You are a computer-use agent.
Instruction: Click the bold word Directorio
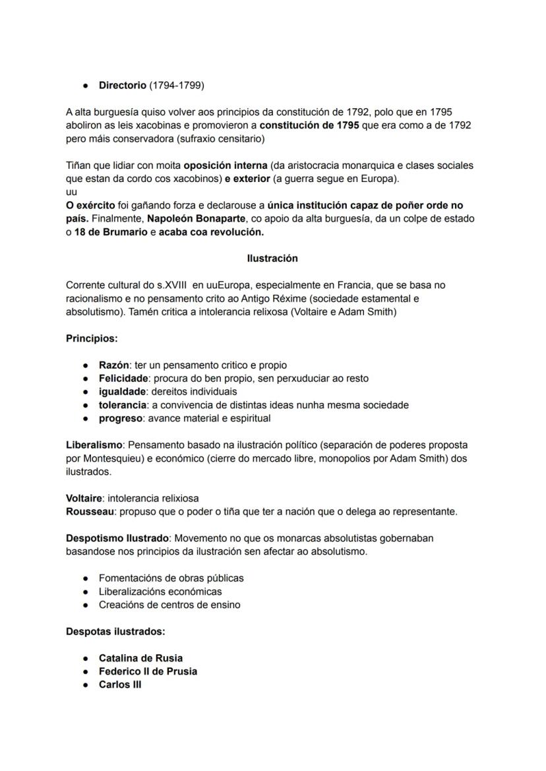[x=123, y=85]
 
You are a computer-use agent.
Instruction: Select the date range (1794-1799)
[x=177, y=85]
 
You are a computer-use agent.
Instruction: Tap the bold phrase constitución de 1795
[x=309, y=125]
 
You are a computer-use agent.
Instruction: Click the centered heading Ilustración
[x=272, y=259]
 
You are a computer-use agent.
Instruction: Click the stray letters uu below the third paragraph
[x=72, y=192]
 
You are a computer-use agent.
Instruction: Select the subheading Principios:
[x=92, y=338]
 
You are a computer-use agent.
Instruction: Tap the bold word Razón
[x=113, y=365]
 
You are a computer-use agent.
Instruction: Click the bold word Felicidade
[x=123, y=379]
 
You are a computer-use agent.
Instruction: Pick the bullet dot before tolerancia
[x=86, y=405]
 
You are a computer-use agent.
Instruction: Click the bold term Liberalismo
[x=94, y=445]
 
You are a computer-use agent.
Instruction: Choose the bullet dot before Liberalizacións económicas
[x=86, y=592]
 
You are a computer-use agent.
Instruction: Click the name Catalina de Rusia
[x=140, y=658]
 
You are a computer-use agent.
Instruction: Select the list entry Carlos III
[x=120, y=685]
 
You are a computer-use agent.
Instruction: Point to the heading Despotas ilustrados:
[x=115, y=631]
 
